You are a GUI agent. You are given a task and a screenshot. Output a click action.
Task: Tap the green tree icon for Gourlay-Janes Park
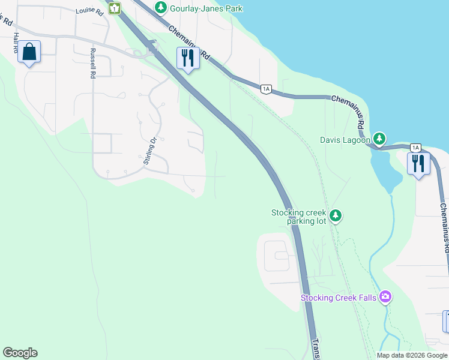point(160,7)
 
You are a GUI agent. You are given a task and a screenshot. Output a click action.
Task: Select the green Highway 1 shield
point(115,8)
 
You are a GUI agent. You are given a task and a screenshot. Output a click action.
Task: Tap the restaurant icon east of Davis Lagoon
point(418,163)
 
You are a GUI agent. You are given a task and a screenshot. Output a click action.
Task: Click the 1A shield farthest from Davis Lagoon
point(267,89)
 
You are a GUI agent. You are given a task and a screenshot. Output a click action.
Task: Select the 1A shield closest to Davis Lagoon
point(415,148)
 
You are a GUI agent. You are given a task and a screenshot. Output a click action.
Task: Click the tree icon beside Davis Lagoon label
point(379,139)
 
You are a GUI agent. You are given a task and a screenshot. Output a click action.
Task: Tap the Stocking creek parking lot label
point(298,217)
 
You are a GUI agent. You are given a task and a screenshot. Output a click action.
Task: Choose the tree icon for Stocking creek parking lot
point(336,215)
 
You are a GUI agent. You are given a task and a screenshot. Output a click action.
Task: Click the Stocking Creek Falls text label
point(339,298)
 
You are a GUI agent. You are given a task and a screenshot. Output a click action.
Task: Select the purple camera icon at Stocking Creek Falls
point(385,297)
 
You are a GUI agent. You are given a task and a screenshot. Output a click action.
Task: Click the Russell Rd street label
point(93,64)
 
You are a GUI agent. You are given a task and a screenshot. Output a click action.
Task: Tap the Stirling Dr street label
point(149,150)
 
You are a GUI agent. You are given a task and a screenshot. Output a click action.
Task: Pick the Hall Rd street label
point(16,44)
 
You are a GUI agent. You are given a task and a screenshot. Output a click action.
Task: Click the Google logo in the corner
point(20,353)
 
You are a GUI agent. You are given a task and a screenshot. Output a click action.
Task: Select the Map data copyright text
point(412,355)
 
